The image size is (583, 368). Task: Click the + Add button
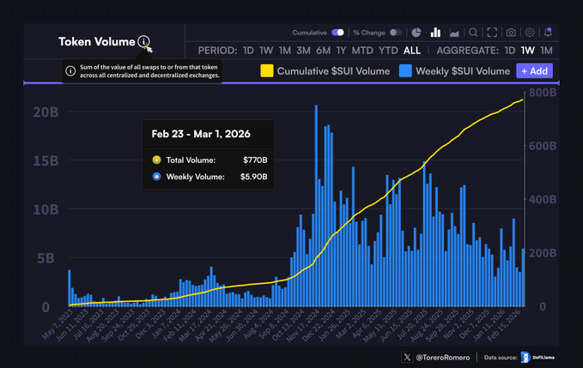534,71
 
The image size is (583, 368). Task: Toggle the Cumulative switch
337,33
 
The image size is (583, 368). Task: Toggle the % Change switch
396,33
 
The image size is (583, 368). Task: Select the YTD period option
388,51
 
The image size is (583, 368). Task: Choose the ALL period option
412,51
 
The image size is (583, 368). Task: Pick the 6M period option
323,51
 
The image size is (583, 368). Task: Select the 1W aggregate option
528,51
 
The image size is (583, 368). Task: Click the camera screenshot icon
511,33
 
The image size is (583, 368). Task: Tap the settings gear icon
530,33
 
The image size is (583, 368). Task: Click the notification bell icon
548,33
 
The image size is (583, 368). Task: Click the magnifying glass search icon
473,33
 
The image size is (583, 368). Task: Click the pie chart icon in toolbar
416,33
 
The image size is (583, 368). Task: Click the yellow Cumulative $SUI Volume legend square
267,71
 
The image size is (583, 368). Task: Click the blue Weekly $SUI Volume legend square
405,71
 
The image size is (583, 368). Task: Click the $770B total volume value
254,160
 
